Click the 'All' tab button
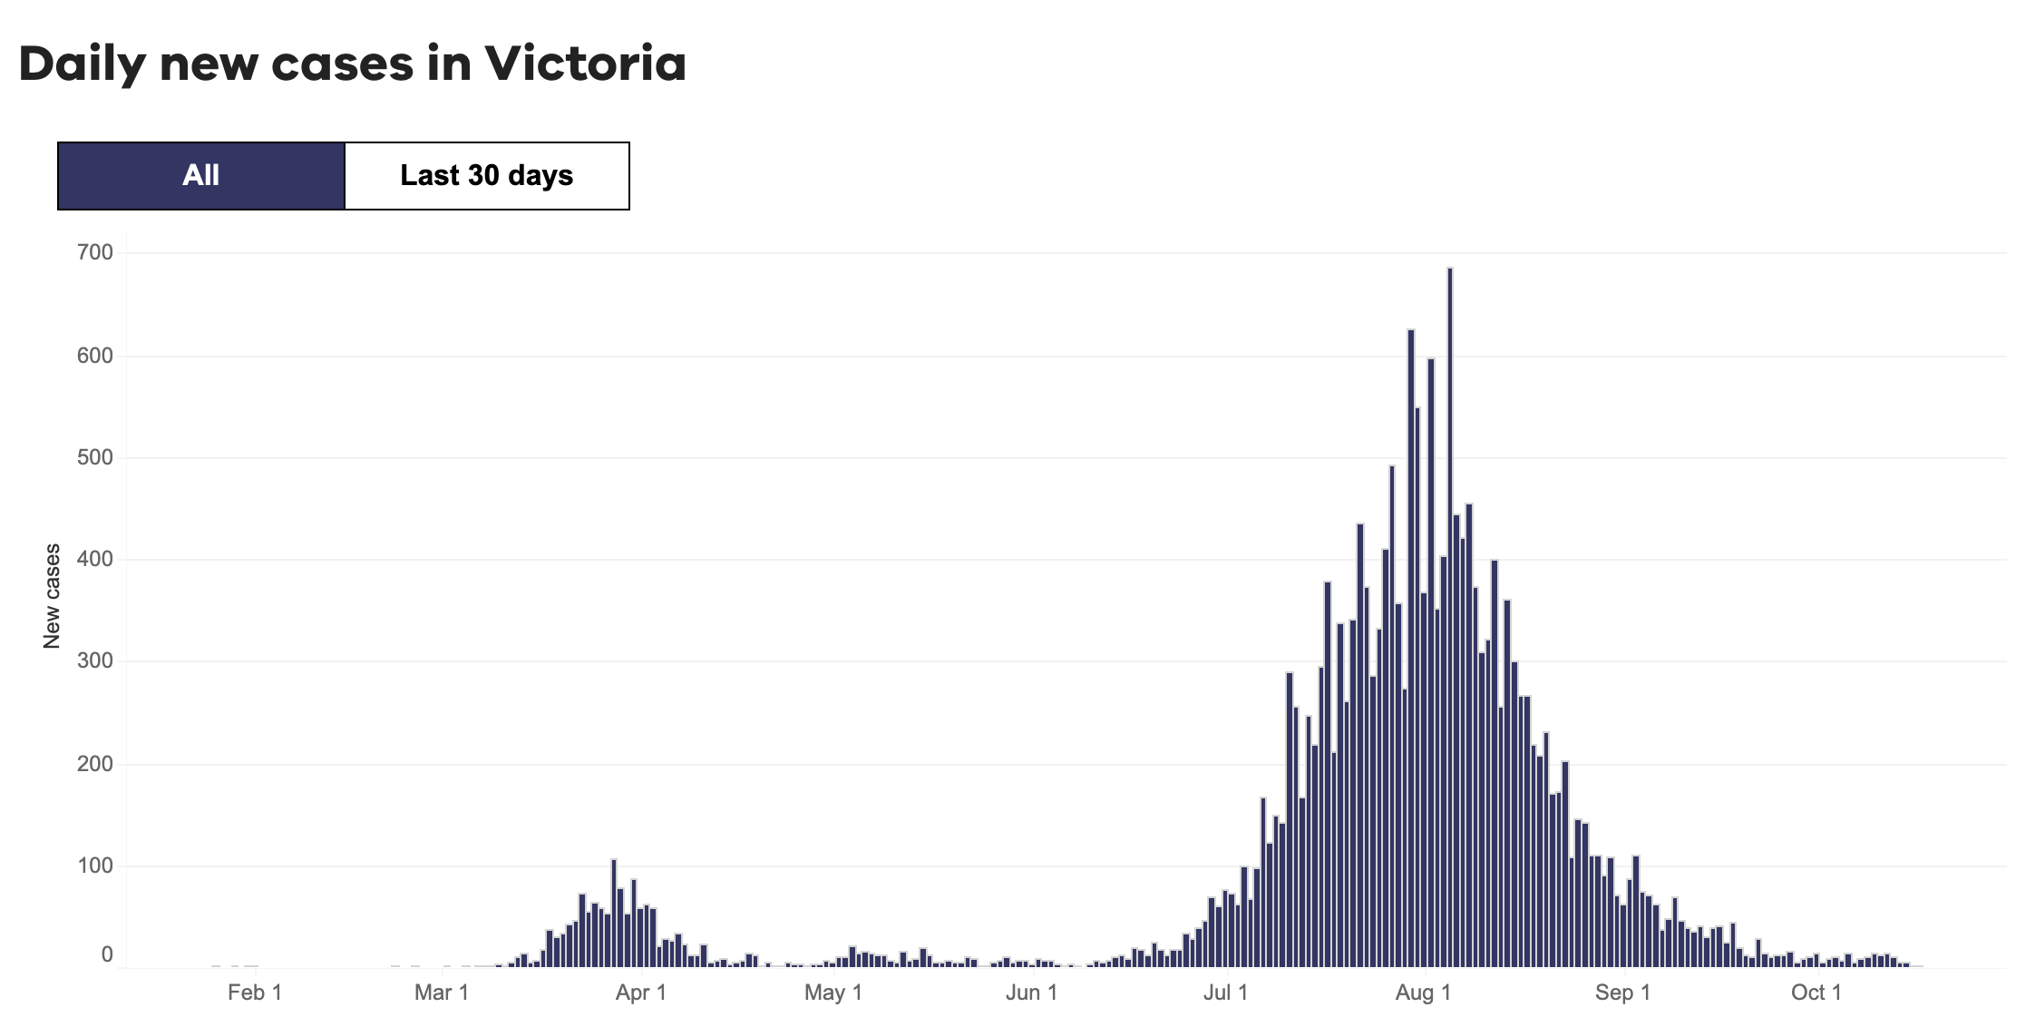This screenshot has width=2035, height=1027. [200, 175]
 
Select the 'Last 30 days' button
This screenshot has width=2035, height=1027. [487, 175]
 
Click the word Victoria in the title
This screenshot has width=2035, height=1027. [585, 64]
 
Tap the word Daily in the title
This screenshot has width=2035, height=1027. [82, 64]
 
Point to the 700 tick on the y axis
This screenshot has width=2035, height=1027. [95, 252]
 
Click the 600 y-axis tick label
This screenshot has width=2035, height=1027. [95, 356]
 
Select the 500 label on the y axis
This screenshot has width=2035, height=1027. [95, 457]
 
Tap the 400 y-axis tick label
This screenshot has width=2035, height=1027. [95, 559]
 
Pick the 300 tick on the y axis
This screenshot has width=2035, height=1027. [95, 660]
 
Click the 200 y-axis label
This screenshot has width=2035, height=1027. [95, 763]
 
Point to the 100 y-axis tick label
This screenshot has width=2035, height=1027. [95, 866]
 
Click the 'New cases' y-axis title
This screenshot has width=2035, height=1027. [52, 596]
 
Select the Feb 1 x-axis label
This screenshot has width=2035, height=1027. [254, 993]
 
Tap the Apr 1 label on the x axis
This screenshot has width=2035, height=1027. [640, 993]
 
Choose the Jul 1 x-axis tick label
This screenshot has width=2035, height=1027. [1225, 993]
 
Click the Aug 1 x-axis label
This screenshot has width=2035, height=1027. [1423, 993]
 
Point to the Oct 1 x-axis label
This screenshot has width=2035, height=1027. [1816, 993]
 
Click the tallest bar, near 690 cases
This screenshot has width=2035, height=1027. [1450, 617]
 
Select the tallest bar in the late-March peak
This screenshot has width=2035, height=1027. [614, 912]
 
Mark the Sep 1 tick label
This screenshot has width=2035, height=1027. [1622, 993]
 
